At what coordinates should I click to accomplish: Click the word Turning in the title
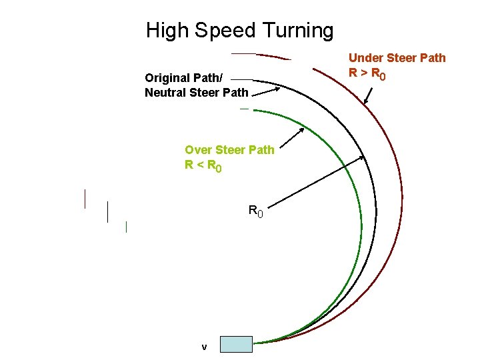point(298,31)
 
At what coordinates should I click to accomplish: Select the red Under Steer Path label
point(397,58)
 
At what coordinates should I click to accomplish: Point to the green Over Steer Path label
point(229,150)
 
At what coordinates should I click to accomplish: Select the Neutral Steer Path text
point(196,93)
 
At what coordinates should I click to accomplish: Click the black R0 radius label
point(255,212)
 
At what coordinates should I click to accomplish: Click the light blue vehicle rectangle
point(236,344)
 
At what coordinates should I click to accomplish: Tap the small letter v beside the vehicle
point(204,347)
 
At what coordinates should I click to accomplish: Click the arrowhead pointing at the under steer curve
point(365,102)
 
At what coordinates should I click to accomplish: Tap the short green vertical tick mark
point(126,227)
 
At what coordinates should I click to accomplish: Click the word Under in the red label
point(364,58)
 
